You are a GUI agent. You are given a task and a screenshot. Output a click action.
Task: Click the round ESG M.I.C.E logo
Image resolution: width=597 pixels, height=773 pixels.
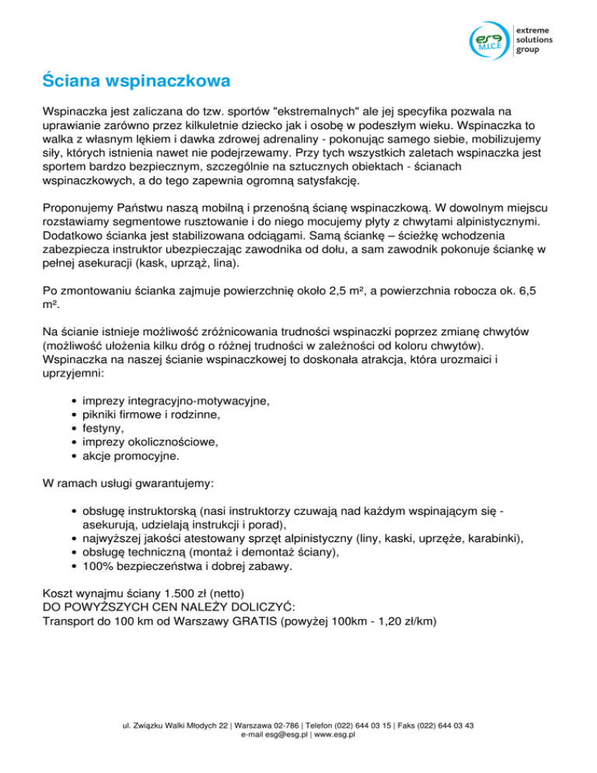click(x=491, y=41)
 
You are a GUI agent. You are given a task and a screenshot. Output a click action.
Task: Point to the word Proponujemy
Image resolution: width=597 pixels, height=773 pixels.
click(x=79, y=208)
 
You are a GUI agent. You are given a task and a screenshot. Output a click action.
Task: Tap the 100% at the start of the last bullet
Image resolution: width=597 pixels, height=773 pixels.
click(x=86, y=566)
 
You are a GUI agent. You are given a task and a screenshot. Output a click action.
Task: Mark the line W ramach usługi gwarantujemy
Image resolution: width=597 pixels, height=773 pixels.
click(x=124, y=483)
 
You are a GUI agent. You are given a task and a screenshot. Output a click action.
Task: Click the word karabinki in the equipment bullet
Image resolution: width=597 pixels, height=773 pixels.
click(x=496, y=538)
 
